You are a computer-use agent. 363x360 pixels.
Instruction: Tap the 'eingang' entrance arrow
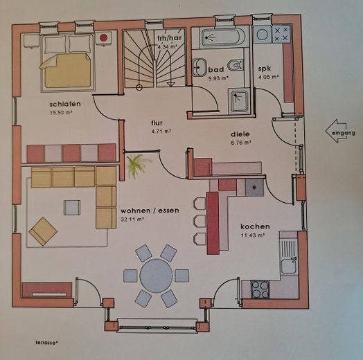340,131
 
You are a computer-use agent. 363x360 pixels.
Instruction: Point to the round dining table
156,276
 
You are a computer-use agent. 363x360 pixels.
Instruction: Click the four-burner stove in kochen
260,288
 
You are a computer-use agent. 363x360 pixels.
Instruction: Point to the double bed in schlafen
68,62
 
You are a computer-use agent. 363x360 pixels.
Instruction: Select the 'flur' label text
157,123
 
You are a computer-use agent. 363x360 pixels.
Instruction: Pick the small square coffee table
72,206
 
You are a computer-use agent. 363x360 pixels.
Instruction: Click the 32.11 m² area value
132,219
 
